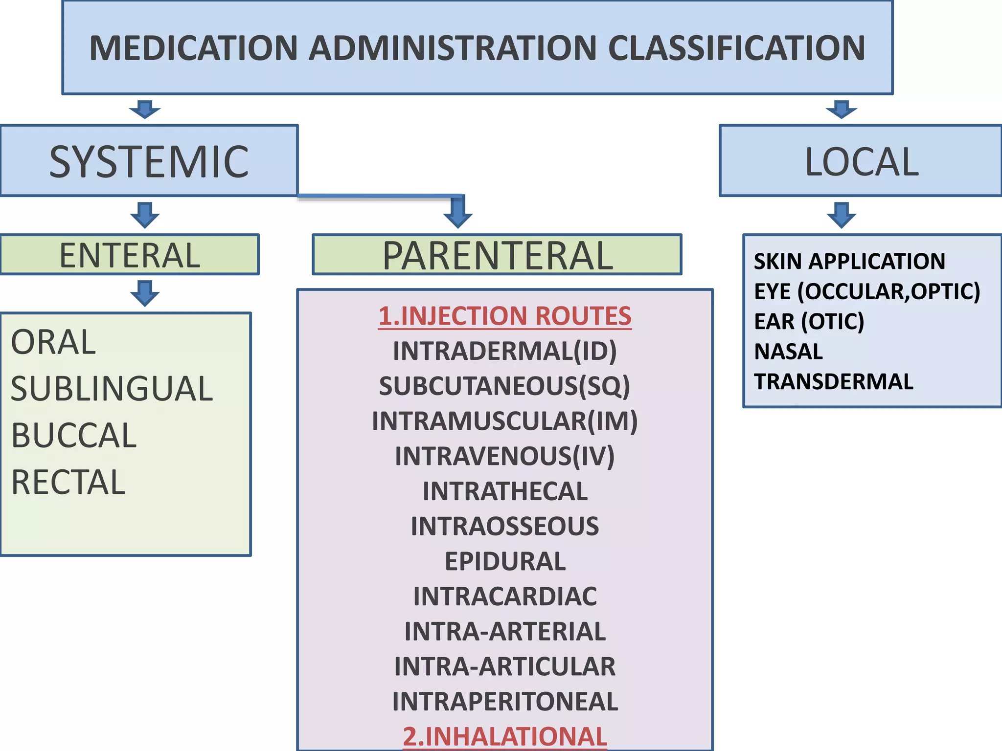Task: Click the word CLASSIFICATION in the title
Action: pos(736,48)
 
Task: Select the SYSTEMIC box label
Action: pos(149,161)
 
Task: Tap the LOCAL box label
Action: pos(862,161)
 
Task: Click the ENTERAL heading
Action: pos(130,255)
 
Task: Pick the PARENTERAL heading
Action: pos(497,255)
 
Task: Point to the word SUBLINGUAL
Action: pos(112,389)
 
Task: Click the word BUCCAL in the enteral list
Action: pos(73,435)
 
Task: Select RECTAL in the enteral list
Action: pos(68,482)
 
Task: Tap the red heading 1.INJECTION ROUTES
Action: pos(505,316)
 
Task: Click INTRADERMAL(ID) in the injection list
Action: pos(505,351)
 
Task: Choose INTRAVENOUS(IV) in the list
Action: pos(505,456)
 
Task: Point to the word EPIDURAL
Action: pos(505,561)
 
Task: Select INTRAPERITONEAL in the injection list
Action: pos(505,702)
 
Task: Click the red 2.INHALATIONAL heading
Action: pos(505,736)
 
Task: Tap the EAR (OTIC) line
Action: pos(809,321)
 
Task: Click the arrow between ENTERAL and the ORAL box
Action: pos(145,293)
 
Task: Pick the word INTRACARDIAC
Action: pos(505,596)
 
